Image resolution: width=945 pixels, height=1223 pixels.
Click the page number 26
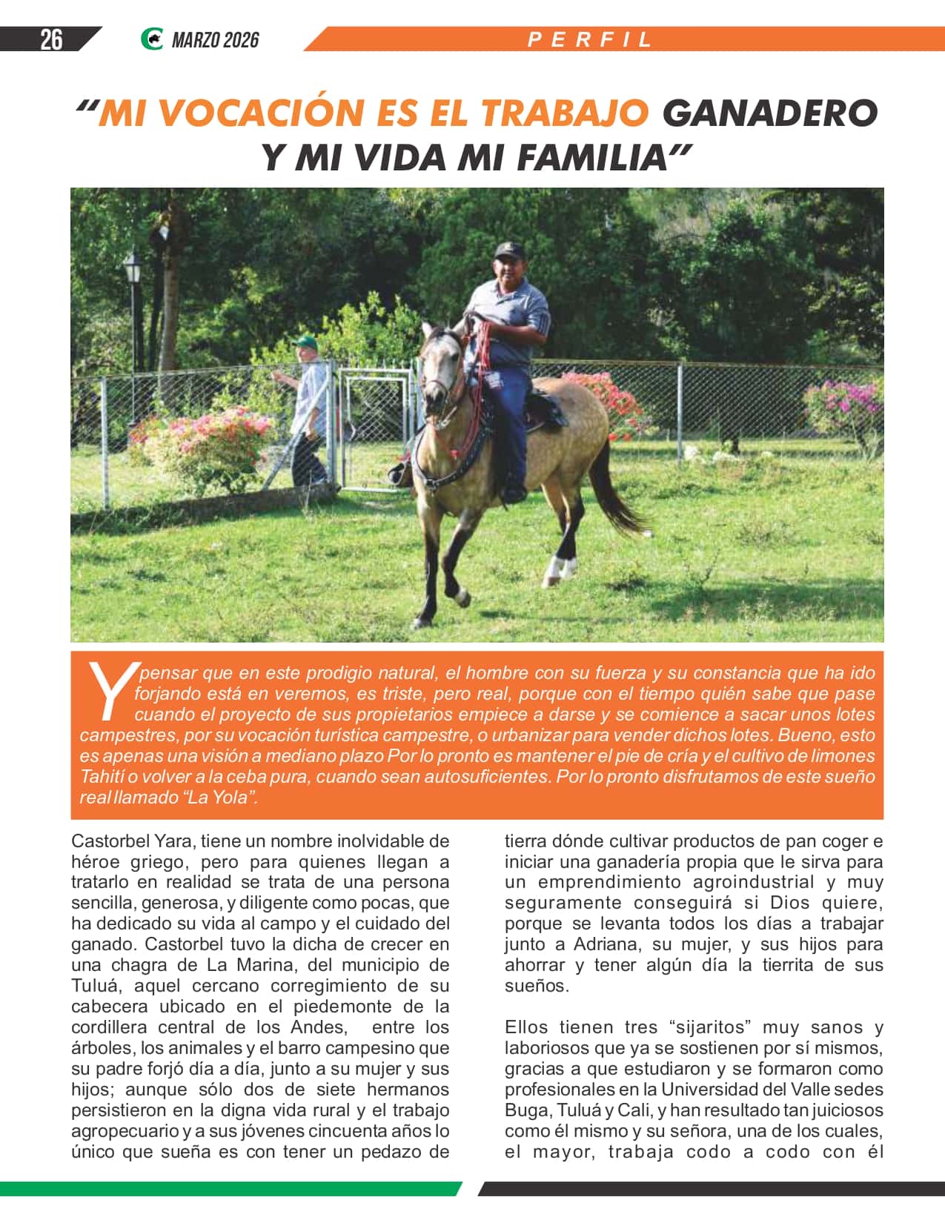pyautogui.click(x=51, y=39)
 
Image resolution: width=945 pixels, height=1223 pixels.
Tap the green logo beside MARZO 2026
pyautogui.click(x=152, y=39)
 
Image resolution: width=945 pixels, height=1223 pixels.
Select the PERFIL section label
pyautogui.click(x=590, y=40)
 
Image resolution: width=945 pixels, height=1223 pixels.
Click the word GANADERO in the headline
pyautogui.click(x=769, y=113)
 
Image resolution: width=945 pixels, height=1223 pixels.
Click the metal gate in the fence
pyautogui.click(x=375, y=430)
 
